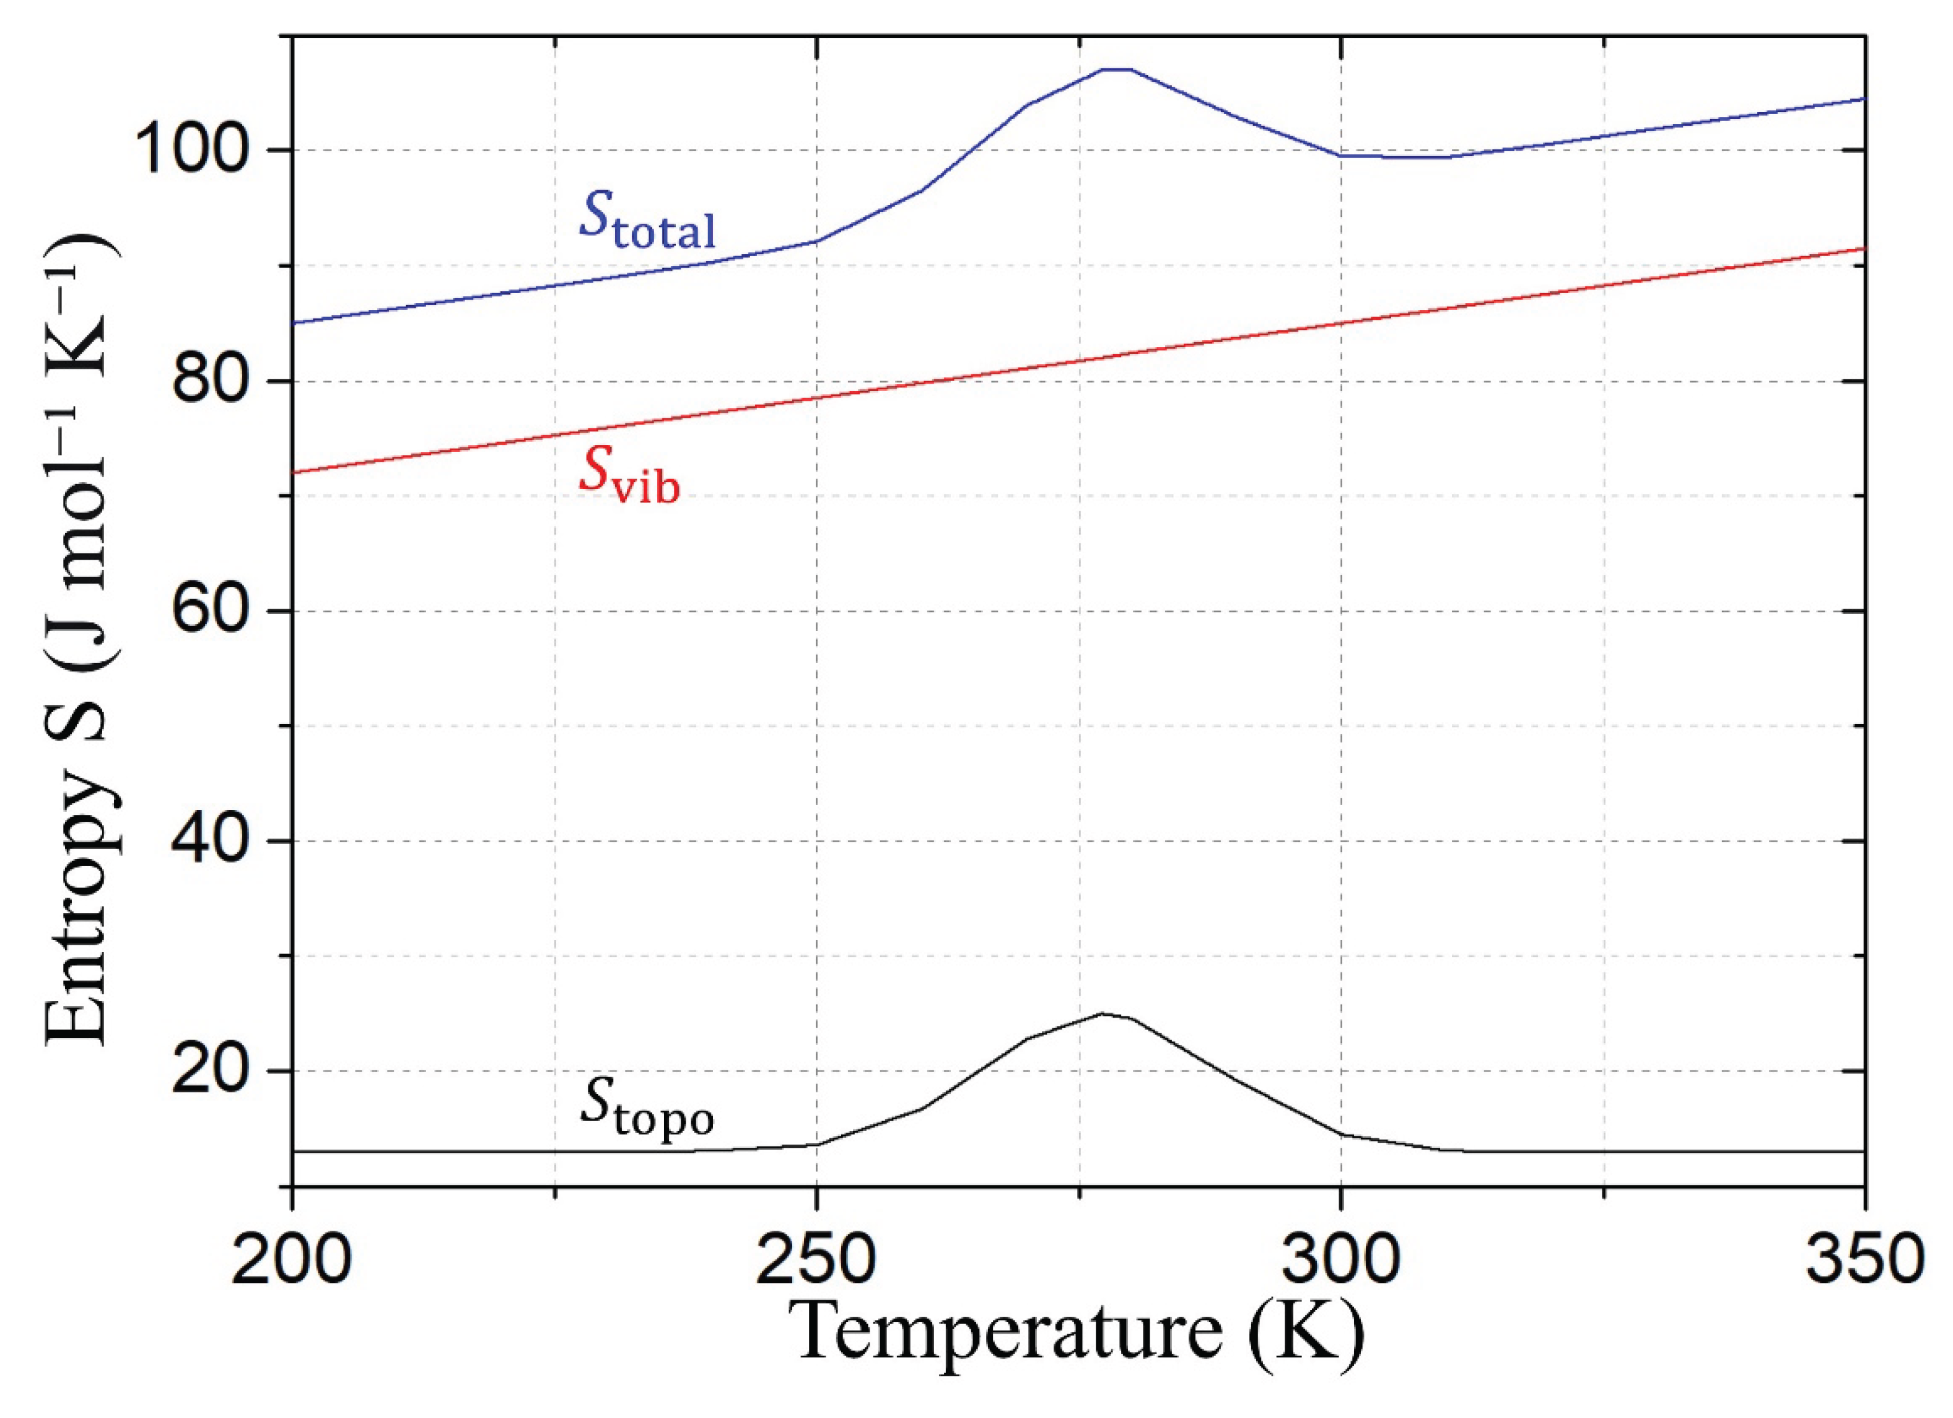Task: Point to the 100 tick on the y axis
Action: (x=200, y=150)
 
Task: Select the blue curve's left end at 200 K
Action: (x=294, y=323)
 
